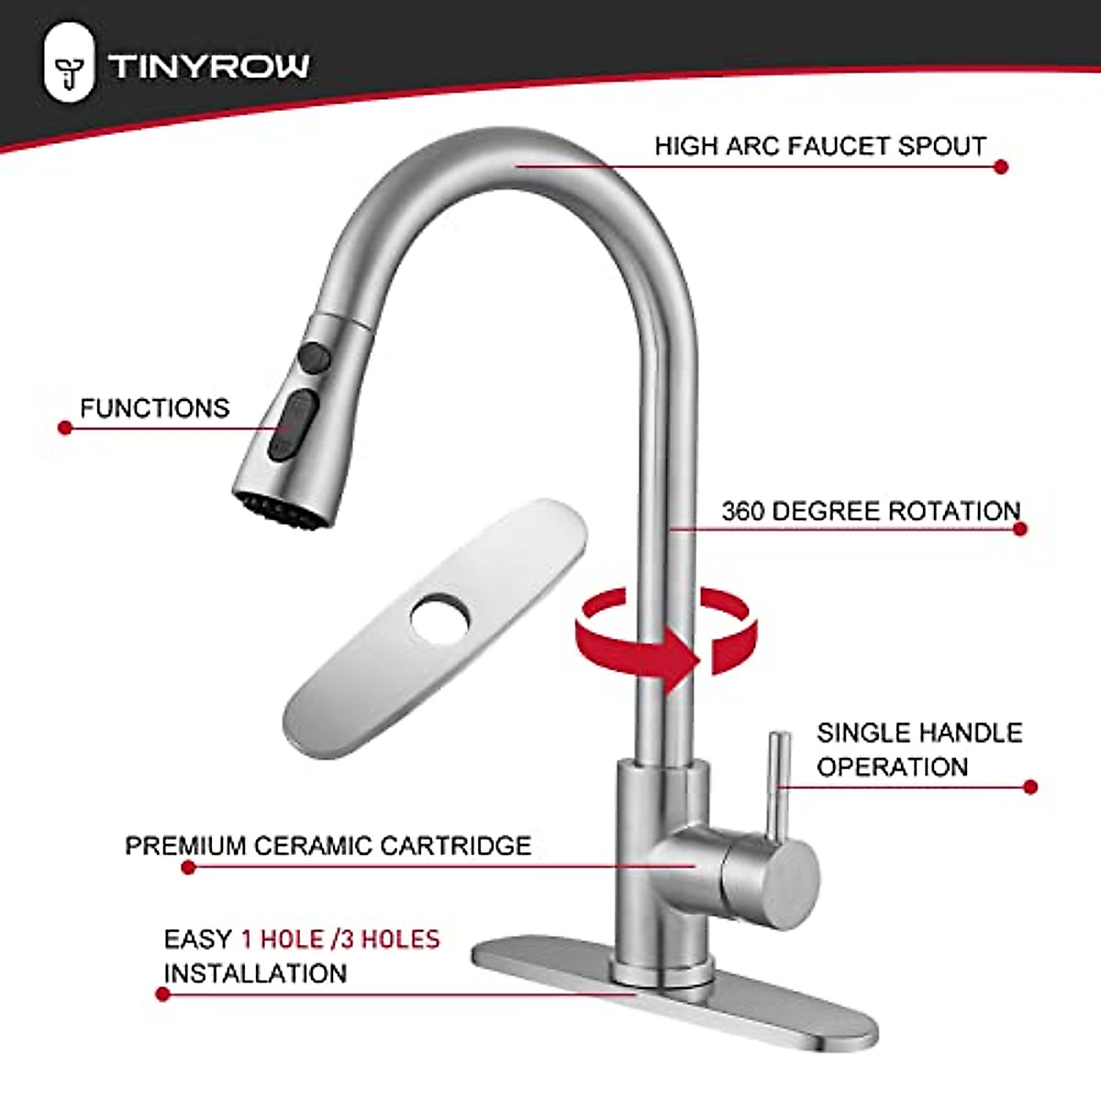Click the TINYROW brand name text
pyautogui.click(x=208, y=66)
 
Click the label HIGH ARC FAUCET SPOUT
pyautogui.click(x=820, y=146)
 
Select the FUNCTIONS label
pyautogui.click(x=154, y=407)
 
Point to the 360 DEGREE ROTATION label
pyautogui.click(x=870, y=511)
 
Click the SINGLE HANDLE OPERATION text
pyautogui.click(x=918, y=750)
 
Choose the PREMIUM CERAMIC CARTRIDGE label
pyautogui.click(x=328, y=845)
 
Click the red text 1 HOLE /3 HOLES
pyautogui.click(x=340, y=939)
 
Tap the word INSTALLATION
pyautogui.click(x=255, y=973)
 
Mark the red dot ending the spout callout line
pyautogui.click(x=1001, y=167)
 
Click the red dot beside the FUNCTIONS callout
pyautogui.click(x=64, y=428)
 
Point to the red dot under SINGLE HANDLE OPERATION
pyautogui.click(x=1029, y=787)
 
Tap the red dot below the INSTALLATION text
pyautogui.click(x=163, y=994)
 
